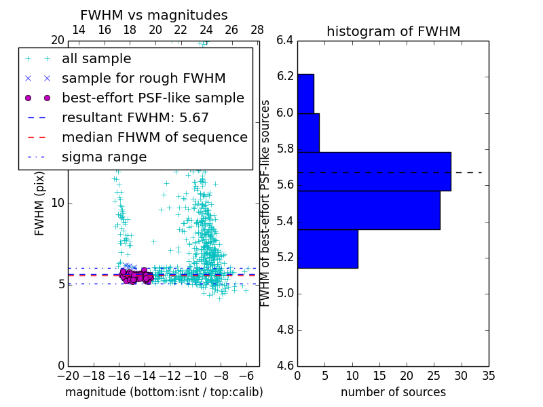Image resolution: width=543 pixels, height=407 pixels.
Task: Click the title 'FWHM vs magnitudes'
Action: point(154,15)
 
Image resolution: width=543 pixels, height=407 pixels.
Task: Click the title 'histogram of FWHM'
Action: point(393,31)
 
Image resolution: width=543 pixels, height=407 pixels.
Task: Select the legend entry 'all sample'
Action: point(96,59)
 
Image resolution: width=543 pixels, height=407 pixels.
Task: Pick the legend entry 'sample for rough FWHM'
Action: point(143,79)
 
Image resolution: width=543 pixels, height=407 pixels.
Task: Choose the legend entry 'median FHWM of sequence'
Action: point(154,138)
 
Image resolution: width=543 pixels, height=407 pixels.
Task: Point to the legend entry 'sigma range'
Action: point(104,157)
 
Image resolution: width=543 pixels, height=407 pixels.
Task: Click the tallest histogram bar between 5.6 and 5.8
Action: point(374,172)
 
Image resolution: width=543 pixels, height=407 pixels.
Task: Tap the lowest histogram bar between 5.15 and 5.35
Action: point(327,249)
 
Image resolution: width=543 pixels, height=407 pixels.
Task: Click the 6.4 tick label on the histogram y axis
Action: point(284,40)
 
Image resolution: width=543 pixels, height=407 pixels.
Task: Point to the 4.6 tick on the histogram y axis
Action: point(284,366)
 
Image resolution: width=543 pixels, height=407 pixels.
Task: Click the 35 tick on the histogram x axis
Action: point(489,375)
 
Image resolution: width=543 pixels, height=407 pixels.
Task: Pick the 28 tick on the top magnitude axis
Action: point(257,30)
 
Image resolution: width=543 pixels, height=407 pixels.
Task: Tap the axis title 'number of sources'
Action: point(393,392)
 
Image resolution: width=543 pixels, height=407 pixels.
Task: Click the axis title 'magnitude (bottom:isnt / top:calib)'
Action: point(164,392)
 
